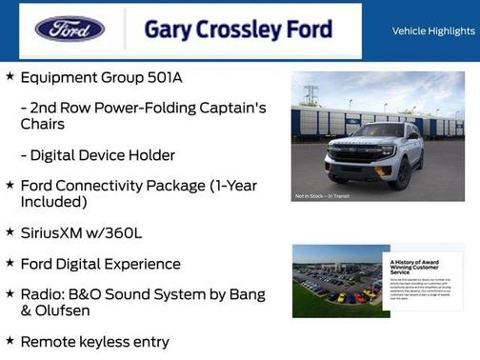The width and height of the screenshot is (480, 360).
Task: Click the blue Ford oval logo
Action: (70, 30)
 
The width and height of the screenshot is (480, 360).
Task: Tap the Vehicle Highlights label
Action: (433, 31)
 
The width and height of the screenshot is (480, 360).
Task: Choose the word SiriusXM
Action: (57, 231)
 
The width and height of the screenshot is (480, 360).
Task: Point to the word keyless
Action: (110, 341)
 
